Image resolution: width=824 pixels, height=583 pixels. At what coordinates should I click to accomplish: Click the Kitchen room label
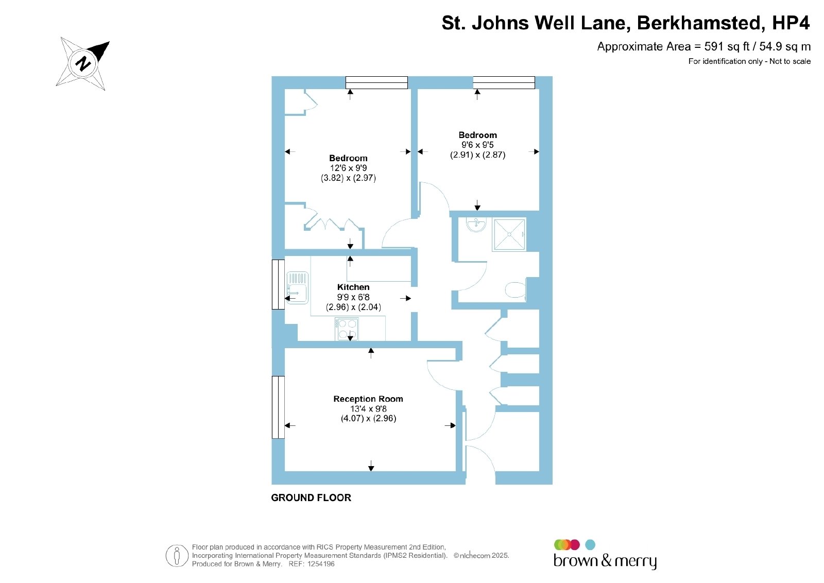353,287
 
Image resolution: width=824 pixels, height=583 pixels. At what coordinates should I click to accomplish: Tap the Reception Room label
368,399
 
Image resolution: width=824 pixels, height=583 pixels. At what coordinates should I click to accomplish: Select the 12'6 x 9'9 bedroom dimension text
348,168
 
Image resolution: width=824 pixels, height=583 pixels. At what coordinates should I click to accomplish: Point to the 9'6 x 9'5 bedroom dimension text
477,145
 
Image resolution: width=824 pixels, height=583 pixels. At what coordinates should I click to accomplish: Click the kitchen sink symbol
297,288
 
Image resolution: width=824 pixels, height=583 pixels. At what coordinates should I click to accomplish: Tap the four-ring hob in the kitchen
347,329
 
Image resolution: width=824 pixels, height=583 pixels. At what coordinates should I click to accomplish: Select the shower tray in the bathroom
509,234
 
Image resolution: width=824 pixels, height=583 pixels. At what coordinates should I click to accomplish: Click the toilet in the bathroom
516,290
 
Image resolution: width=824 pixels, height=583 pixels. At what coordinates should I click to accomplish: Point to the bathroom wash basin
476,224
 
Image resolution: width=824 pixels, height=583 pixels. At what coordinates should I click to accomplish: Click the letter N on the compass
83,64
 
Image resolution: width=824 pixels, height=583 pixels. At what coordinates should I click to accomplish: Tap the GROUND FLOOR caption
311,498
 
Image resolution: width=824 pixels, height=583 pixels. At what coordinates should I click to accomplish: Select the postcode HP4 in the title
791,23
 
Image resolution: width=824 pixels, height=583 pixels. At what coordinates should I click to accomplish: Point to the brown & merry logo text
605,561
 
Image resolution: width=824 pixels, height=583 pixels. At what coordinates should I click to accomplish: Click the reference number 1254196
321,564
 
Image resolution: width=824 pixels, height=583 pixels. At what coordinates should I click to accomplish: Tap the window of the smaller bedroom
504,82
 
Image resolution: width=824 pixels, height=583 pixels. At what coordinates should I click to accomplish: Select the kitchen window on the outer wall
278,284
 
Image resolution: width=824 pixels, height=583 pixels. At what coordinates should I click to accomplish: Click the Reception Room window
278,407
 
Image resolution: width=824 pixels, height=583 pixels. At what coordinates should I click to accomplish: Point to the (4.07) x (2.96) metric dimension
368,419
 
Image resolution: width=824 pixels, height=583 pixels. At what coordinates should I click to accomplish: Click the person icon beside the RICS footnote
177,555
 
